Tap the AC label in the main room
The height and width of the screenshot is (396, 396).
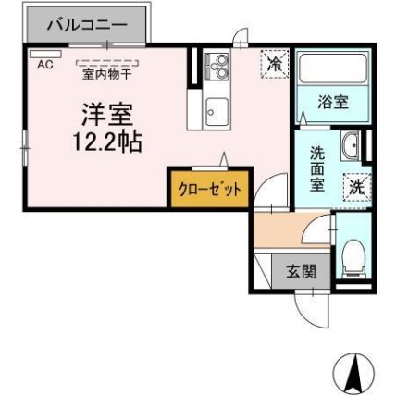point(44,64)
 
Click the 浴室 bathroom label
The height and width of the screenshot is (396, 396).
point(334,103)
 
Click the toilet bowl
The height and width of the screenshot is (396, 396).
point(353,255)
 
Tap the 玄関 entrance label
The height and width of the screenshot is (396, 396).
point(300,271)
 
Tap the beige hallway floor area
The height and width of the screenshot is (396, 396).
point(286,231)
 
